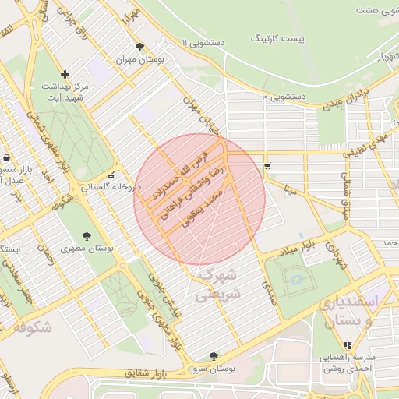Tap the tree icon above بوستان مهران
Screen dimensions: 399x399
click(139, 48)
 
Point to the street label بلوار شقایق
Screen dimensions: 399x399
click(147, 374)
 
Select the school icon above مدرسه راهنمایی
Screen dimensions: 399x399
click(347, 344)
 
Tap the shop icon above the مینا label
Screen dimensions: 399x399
click(268, 166)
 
